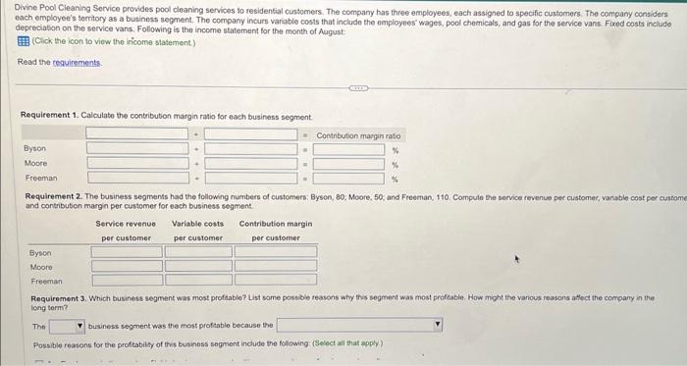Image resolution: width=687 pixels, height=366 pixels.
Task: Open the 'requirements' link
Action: (75, 62)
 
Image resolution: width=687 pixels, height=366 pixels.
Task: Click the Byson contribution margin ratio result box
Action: (348, 149)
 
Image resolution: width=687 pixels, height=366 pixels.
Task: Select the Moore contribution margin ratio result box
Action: (348, 164)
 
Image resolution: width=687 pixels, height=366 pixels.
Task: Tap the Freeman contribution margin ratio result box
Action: (348, 178)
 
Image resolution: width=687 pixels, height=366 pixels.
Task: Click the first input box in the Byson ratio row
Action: (136, 149)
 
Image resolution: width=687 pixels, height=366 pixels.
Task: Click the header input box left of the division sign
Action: (136, 133)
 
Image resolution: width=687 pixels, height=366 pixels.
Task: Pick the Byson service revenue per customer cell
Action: (127, 252)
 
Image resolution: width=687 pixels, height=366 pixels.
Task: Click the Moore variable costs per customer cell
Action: (198, 265)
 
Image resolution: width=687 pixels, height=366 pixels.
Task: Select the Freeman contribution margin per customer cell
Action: (276, 279)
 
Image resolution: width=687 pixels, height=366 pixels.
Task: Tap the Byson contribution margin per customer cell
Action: (276, 252)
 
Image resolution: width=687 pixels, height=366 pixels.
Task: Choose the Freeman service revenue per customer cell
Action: (127, 279)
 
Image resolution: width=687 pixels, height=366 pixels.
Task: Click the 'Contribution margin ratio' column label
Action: (359, 135)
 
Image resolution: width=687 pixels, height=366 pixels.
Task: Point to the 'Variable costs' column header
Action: (198, 224)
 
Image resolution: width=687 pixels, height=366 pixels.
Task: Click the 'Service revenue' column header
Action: (126, 224)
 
